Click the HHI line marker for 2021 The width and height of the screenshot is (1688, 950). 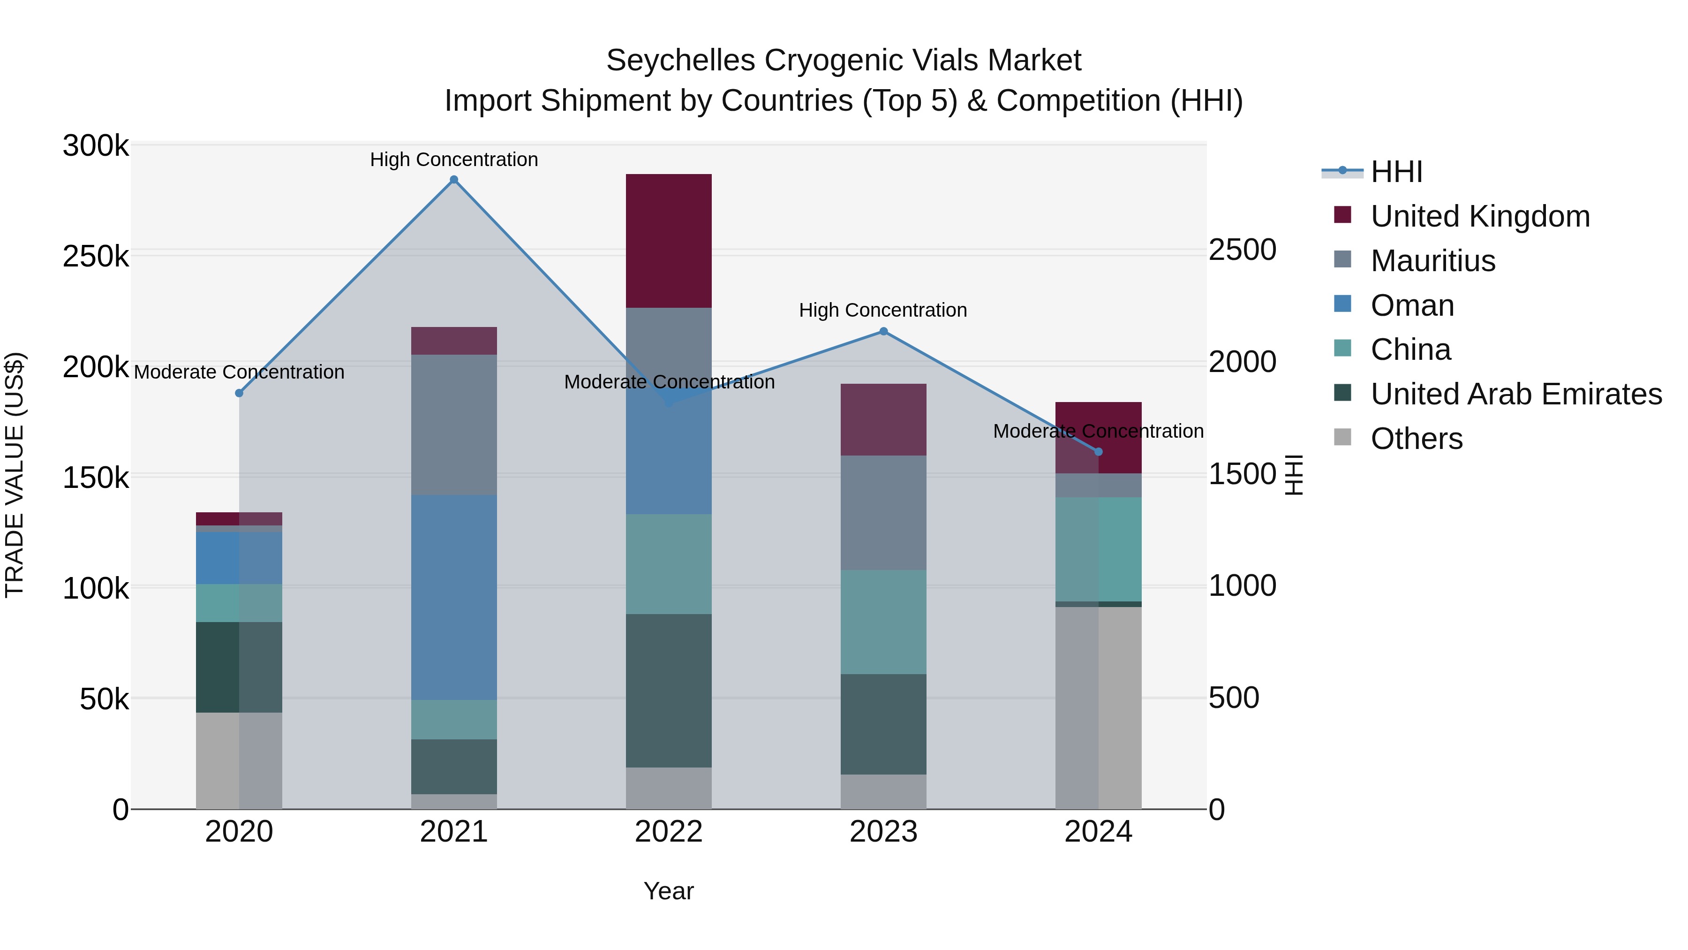coord(453,180)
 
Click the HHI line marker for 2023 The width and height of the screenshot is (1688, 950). coord(883,332)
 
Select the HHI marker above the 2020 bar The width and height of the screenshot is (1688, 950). coord(239,393)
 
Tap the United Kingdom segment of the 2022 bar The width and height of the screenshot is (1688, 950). coord(668,241)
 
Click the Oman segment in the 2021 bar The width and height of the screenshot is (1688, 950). coord(453,597)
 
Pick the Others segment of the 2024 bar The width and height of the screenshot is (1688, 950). coord(1098,707)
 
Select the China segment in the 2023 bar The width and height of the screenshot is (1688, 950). coord(883,622)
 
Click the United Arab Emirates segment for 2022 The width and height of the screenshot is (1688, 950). coord(668,691)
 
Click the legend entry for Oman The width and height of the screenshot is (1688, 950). coord(1412,305)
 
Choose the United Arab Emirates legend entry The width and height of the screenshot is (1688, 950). coord(1515,394)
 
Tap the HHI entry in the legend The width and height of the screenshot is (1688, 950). coord(1396,172)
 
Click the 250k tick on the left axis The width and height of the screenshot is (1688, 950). coord(96,256)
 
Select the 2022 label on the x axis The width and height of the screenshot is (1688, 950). coord(668,832)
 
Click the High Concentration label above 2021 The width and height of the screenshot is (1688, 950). coord(453,160)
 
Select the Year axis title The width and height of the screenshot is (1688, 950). coord(668,891)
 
